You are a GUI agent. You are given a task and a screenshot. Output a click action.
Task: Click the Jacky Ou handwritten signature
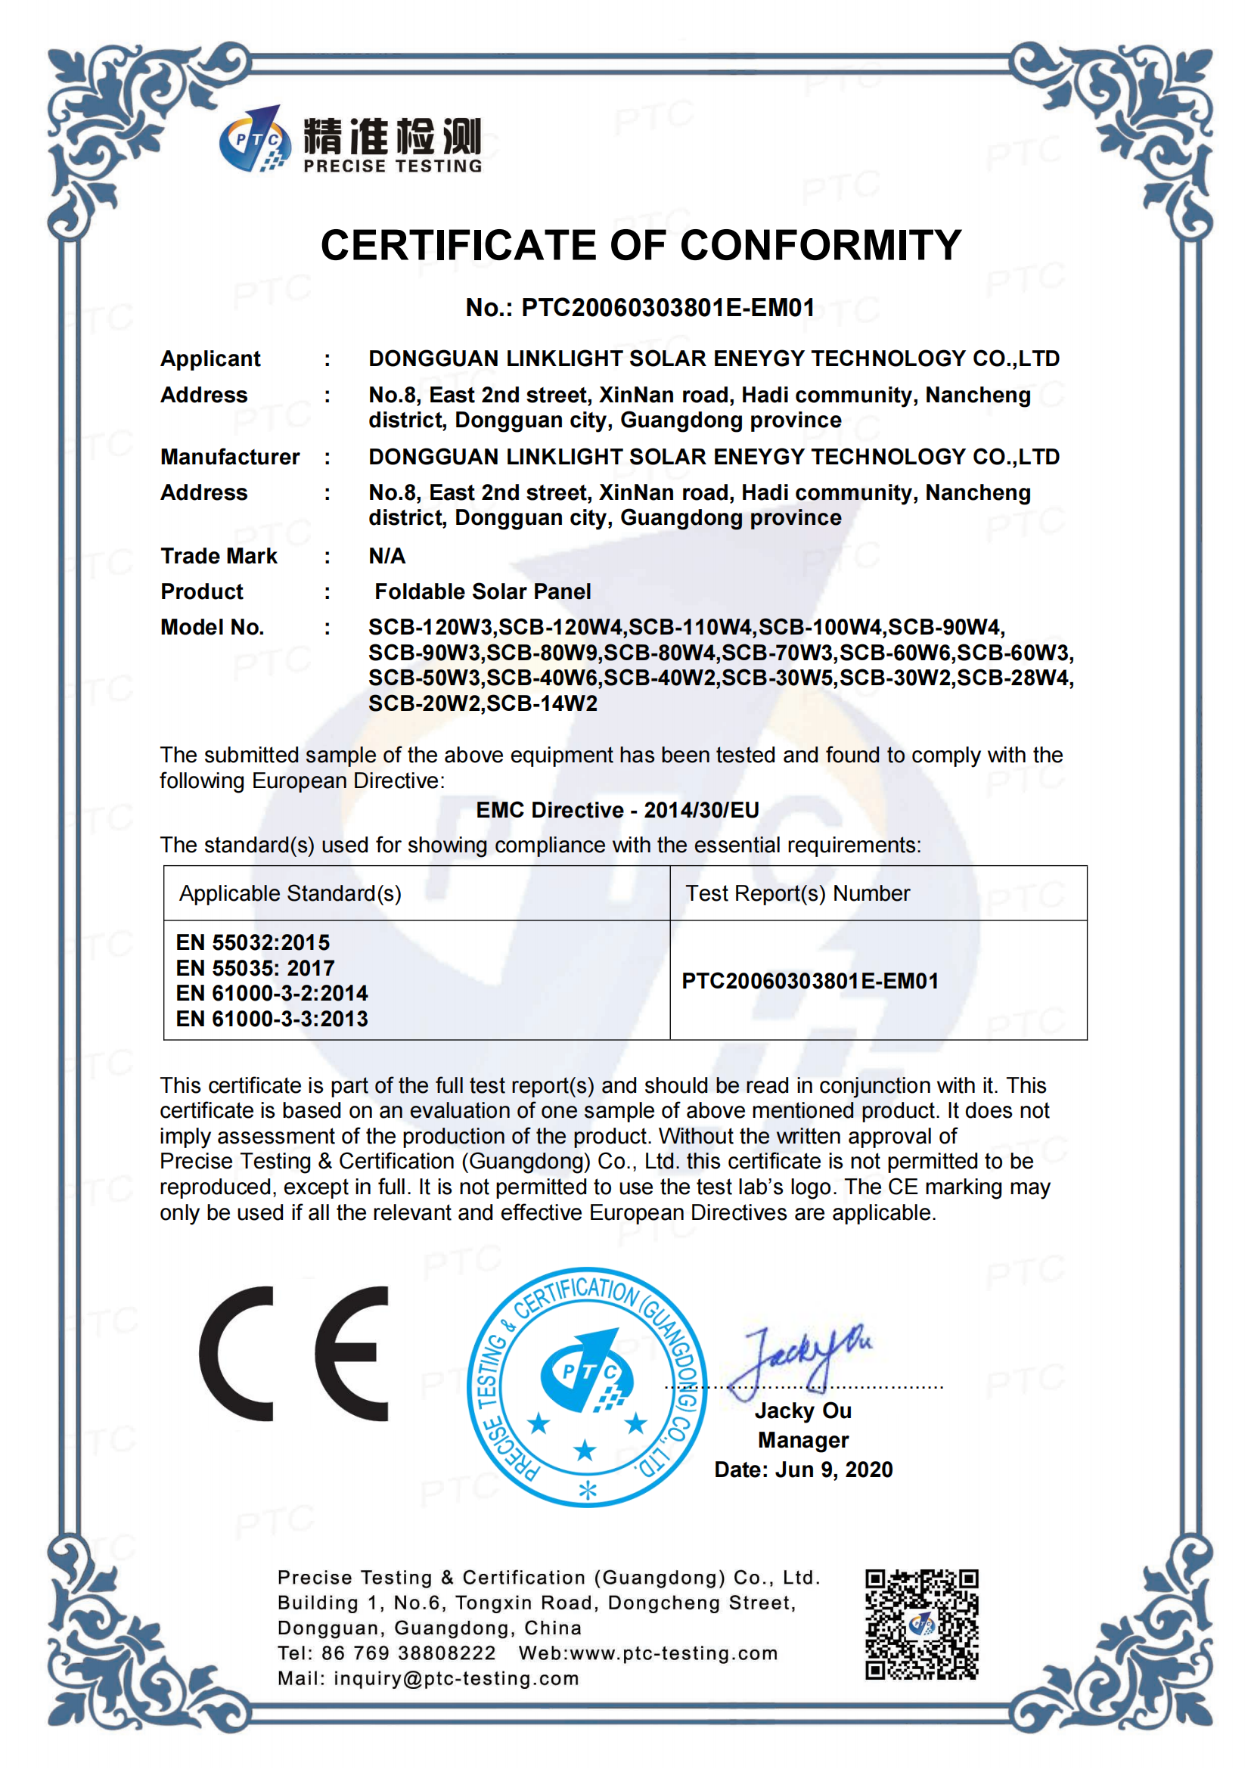pyautogui.click(x=801, y=1360)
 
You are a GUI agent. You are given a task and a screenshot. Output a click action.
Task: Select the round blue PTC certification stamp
pyautogui.click(x=587, y=1386)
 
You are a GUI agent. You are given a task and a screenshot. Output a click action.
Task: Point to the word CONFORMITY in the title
pyautogui.click(x=821, y=246)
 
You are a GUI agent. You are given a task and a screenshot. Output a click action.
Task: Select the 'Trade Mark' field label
pyautogui.click(x=219, y=556)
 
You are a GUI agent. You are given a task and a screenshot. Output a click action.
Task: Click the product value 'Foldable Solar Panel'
pyautogui.click(x=483, y=591)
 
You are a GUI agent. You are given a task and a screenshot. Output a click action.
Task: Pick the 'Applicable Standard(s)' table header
pyautogui.click(x=290, y=893)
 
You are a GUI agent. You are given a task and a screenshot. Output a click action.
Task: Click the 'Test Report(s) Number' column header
pyautogui.click(x=797, y=893)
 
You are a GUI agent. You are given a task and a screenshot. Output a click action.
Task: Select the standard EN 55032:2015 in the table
pyautogui.click(x=253, y=942)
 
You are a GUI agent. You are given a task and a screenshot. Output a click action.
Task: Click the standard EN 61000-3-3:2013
pyautogui.click(x=272, y=1019)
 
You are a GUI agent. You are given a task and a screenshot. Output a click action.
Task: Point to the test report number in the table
pyautogui.click(x=809, y=981)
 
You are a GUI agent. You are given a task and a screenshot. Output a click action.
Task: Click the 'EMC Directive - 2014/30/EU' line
pyautogui.click(x=617, y=810)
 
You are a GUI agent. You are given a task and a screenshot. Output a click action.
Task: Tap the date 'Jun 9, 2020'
pyautogui.click(x=833, y=1470)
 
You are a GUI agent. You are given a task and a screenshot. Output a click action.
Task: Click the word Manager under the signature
pyautogui.click(x=802, y=1440)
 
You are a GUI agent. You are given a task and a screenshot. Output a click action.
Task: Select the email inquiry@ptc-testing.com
pyautogui.click(x=456, y=1678)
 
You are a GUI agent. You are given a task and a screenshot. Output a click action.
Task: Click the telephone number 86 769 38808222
pyautogui.click(x=408, y=1653)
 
